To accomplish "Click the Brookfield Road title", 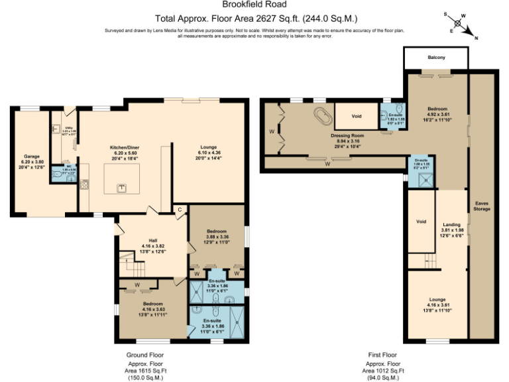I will coord(254,5).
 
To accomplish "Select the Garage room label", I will coord(31,157).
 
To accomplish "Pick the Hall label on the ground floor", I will coord(152,240).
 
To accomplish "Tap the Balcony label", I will coord(435,58).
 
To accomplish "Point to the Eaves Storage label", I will coord(482,206).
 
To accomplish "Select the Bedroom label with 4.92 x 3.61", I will coord(437,109).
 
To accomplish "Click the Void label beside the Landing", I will coord(420,222).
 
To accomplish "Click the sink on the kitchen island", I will coord(122,188).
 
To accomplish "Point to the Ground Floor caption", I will coord(144,355).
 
